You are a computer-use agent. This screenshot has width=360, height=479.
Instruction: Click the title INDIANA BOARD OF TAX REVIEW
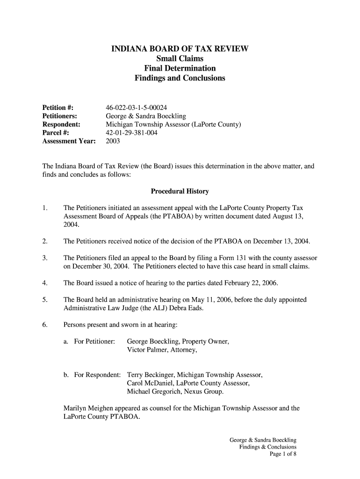[180, 49]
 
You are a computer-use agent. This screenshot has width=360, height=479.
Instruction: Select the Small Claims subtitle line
[180, 58]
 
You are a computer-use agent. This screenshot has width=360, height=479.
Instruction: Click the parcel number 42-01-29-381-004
[132, 133]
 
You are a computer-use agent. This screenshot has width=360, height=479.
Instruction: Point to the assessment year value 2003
[113, 141]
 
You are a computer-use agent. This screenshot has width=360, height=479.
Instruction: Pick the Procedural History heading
[180, 191]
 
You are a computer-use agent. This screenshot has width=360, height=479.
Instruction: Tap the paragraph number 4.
[44, 283]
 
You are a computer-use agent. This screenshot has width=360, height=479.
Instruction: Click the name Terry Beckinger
[151, 375]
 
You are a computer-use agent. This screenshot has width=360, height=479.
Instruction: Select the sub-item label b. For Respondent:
[92, 375]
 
